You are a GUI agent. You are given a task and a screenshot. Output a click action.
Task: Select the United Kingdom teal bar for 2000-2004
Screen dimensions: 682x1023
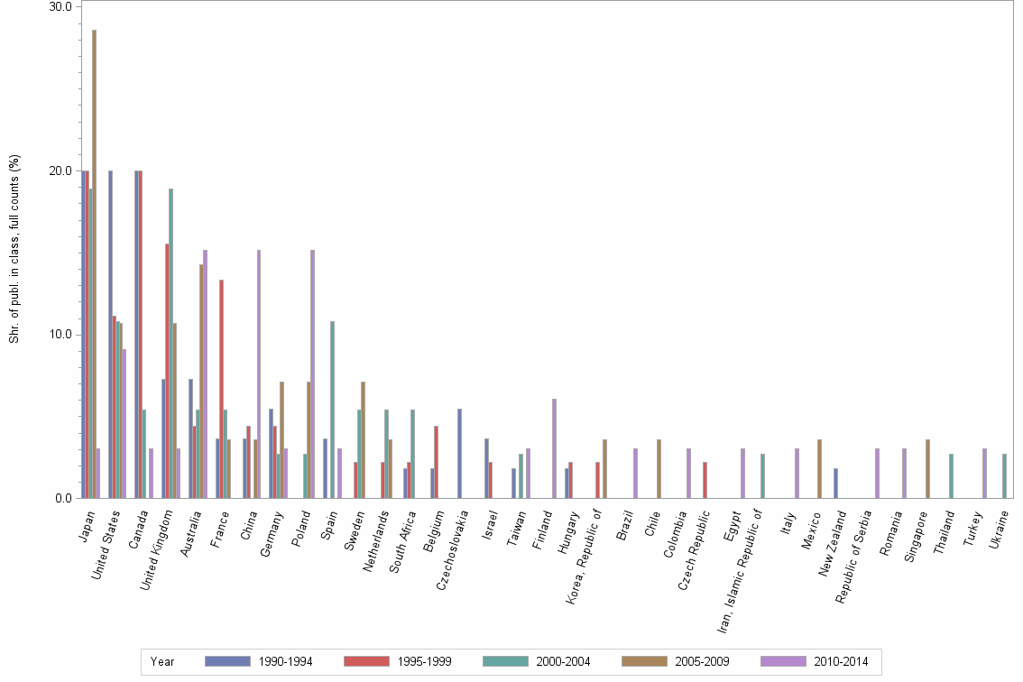click(170, 343)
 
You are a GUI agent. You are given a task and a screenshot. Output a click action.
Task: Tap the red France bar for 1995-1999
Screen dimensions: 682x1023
click(221, 389)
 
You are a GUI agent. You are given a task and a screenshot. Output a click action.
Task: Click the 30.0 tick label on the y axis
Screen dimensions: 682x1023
click(60, 7)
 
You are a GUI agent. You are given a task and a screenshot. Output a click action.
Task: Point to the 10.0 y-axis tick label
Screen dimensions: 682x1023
click(60, 335)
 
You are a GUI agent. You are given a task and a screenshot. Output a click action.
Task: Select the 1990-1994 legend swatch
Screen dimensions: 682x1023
click(227, 661)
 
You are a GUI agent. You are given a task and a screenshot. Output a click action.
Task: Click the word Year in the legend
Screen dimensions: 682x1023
click(162, 661)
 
